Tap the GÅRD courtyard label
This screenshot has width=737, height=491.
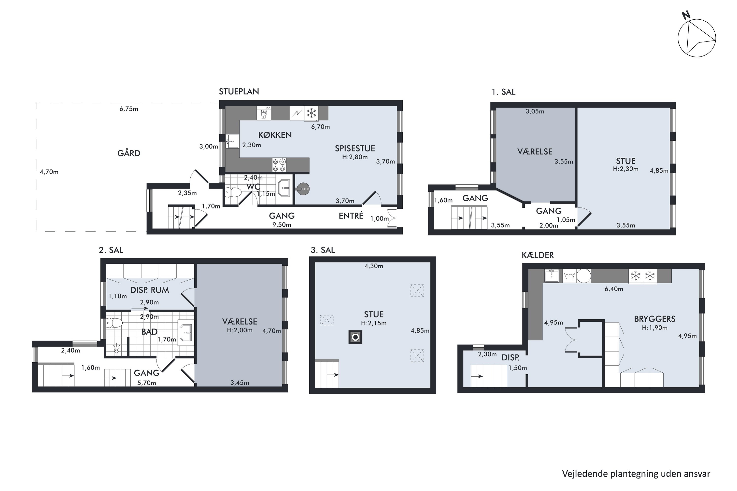(x=129, y=153)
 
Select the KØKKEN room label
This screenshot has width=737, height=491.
(x=275, y=135)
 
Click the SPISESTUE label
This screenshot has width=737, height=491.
(x=355, y=149)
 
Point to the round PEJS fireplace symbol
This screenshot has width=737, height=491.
(x=303, y=189)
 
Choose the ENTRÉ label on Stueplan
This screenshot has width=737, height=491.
(x=351, y=216)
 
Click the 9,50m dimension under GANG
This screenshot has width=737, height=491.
(x=282, y=225)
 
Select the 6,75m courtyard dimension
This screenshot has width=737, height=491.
(x=129, y=109)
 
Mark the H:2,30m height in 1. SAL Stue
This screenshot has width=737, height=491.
(x=625, y=169)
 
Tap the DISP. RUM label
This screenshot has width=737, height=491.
(x=149, y=290)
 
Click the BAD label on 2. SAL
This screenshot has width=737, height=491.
(x=149, y=332)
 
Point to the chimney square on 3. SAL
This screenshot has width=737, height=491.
(x=355, y=337)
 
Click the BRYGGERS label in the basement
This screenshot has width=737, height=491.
(x=655, y=319)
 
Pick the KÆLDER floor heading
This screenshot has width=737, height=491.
(x=538, y=255)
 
